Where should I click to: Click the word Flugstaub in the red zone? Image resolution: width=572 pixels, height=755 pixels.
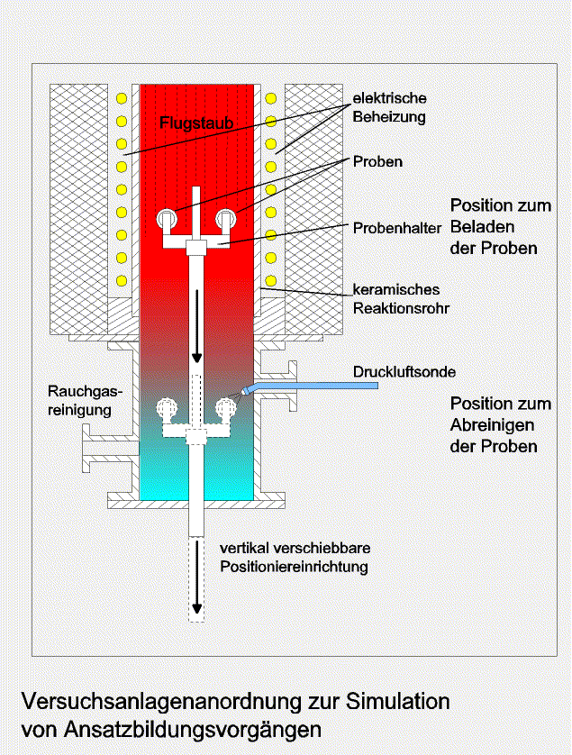coord(196,123)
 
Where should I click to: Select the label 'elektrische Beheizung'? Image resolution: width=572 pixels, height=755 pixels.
coord(389,107)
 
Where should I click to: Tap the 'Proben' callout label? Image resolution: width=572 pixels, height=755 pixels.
coord(377,161)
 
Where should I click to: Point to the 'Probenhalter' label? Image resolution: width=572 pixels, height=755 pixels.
coord(396,228)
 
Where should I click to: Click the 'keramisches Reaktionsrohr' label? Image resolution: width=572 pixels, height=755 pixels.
coord(401,298)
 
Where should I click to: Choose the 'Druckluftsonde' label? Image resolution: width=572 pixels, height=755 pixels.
coord(404,372)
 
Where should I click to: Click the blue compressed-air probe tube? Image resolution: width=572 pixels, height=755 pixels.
coord(310,387)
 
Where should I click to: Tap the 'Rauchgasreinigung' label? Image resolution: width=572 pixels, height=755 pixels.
coord(85,401)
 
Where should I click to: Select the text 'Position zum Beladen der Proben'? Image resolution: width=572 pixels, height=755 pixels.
coord(501,226)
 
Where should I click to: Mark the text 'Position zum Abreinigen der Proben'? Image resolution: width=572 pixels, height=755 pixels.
coord(501,424)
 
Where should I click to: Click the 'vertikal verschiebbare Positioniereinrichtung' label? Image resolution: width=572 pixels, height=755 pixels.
coord(295,557)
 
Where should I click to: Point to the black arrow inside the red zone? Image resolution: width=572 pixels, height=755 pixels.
coord(196,326)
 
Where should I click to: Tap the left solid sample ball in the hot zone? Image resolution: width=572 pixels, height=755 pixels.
coord(167,219)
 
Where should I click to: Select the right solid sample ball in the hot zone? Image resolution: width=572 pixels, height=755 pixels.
coord(226,219)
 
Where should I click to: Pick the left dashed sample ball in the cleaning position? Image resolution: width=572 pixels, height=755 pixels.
coord(167,407)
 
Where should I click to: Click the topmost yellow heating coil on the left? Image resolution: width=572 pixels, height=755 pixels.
coord(122,99)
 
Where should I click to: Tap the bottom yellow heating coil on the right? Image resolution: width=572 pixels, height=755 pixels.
coord(271,280)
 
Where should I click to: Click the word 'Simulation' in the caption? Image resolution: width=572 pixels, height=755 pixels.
coord(398,701)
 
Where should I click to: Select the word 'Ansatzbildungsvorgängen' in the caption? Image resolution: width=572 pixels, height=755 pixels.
coord(193,730)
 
